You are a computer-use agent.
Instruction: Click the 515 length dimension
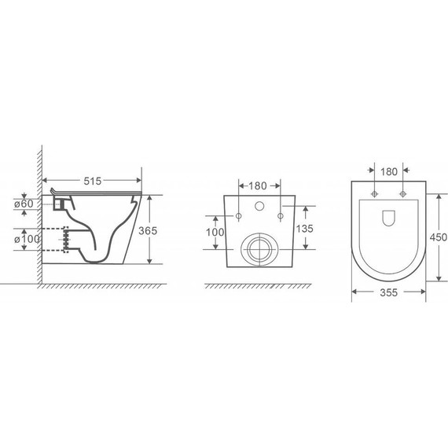93,181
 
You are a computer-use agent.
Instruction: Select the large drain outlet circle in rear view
256,249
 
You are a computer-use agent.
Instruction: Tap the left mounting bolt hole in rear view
237,214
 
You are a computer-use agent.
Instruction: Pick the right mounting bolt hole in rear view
279,214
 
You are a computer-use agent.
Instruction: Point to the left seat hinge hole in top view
375,193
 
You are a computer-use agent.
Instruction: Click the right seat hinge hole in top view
402,193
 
